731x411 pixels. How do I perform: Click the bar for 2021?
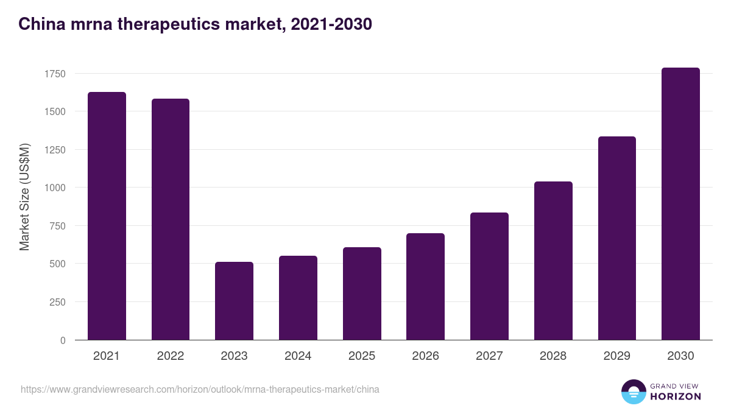pos(107,216)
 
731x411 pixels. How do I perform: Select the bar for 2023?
pos(234,301)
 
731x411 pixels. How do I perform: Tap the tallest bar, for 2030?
pos(680,204)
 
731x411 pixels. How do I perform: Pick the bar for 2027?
pos(489,276)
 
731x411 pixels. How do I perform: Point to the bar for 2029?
pos(616,238)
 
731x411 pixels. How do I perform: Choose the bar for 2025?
pos(362,293)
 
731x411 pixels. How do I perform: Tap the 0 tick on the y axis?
pos(62,340)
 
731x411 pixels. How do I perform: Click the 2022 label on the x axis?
pos(170,356)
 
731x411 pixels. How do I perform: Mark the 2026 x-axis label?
pos(425,356)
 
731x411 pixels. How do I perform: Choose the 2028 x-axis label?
pos(553,356)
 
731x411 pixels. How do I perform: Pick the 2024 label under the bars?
pos(298,356)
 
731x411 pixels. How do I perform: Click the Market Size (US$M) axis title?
pos(24,197)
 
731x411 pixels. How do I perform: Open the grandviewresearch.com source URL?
pos(200,389)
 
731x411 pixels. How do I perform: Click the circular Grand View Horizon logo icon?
pos(633,392)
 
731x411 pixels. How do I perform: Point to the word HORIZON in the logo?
pos(676,396)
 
